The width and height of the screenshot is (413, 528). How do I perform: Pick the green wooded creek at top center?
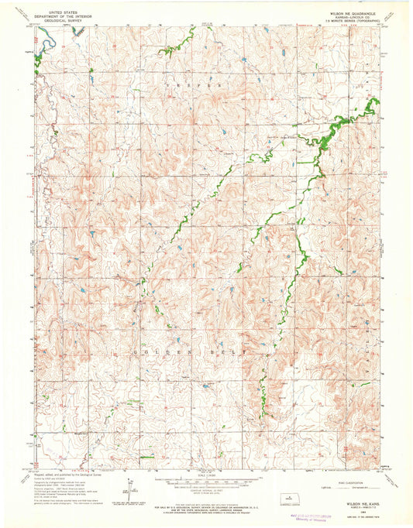coord(169,50)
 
